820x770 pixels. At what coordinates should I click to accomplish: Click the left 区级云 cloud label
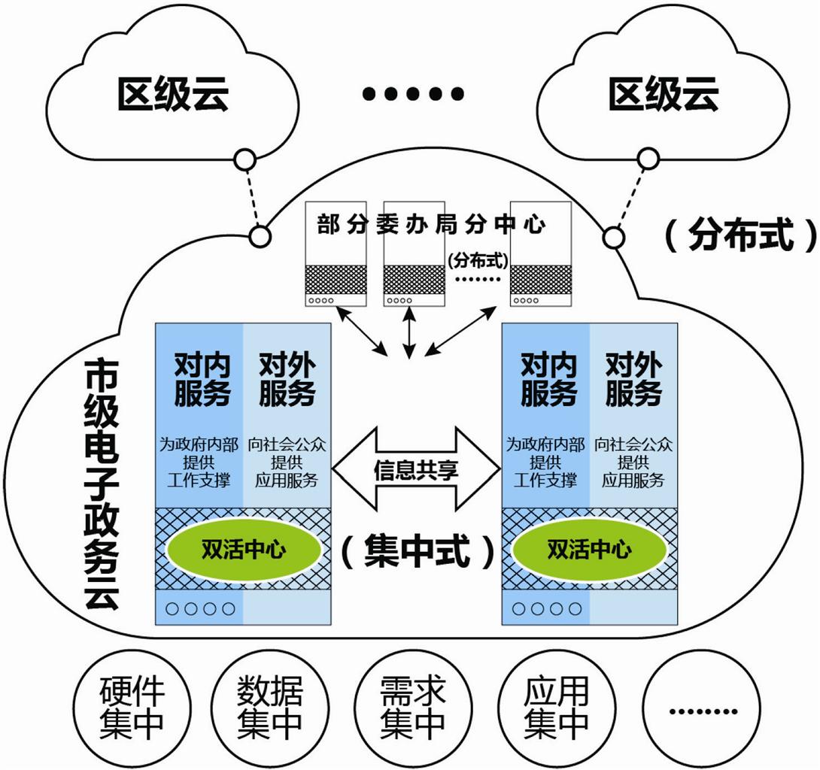(x=172, y=95)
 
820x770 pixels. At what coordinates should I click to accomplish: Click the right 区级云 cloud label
(x=664, y=95)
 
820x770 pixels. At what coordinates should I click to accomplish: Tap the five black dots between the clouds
(x=412, y=94)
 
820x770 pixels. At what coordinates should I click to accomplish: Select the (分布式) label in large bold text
(x=740, y=235)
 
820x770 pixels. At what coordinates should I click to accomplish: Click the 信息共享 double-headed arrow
(x=416, y=470)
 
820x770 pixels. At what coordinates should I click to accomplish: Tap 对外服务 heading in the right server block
(x=633, y=380)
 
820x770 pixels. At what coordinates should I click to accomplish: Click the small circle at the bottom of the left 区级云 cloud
(x=244, y=160)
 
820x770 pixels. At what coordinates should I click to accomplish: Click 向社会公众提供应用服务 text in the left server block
(x=286, y=462)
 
